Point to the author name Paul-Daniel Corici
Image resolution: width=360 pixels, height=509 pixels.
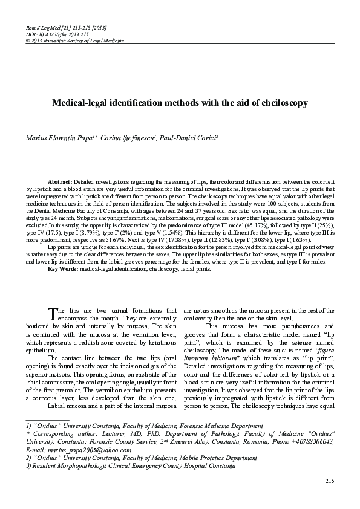click(188, 138)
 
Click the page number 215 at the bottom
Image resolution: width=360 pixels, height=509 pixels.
click(330, 481)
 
